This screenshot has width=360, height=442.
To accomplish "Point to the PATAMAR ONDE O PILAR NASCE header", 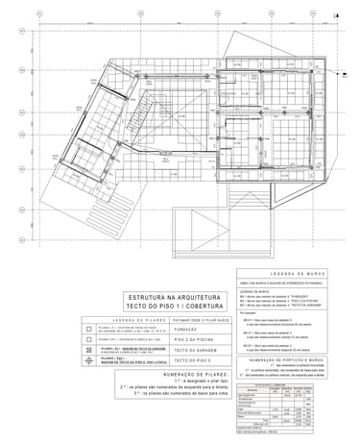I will pyautogui.click(x=197, y=321).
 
